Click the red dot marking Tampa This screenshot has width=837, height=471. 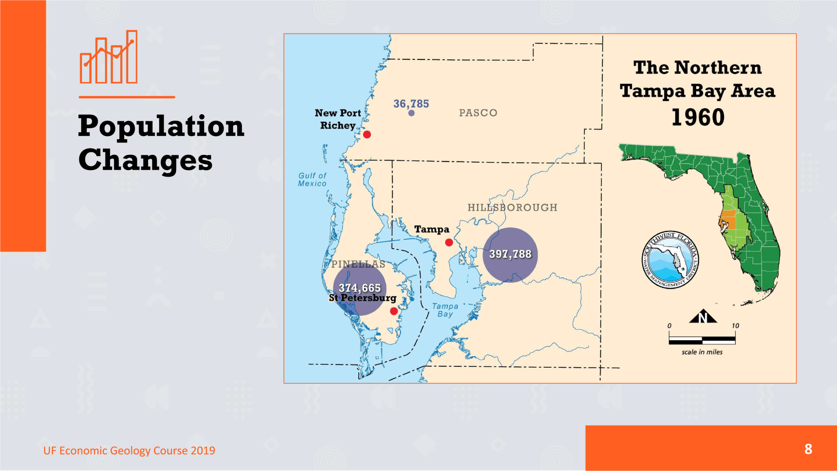tap(449, 242)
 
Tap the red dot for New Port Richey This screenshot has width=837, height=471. tap(367, 135)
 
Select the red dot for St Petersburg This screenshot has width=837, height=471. tap(394, 311)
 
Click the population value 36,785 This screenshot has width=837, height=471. tap(411, 104)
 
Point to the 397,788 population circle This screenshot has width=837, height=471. tap(510, 255)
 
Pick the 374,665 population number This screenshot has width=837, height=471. tap(360, 288)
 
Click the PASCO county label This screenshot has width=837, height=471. tap(478, 113)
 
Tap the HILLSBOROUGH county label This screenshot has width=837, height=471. tap(512, 208)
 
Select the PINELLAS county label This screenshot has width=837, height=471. tap(358, 264)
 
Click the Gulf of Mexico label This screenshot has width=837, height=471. tap(312, 180)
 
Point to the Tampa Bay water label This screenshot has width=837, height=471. tap(445, 310)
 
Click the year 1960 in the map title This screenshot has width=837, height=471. tap(697, 118)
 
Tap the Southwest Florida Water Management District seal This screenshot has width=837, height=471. tap(670, 259)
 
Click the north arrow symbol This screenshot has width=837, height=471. tap(703, 316)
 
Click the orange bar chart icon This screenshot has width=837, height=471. tap(109, 57)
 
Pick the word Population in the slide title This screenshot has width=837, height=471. tap(161, 126)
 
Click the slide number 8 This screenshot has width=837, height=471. tap(808, 449)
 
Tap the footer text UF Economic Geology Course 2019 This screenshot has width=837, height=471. tap(129, 451)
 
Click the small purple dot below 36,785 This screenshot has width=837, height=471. tap(412, 113)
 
